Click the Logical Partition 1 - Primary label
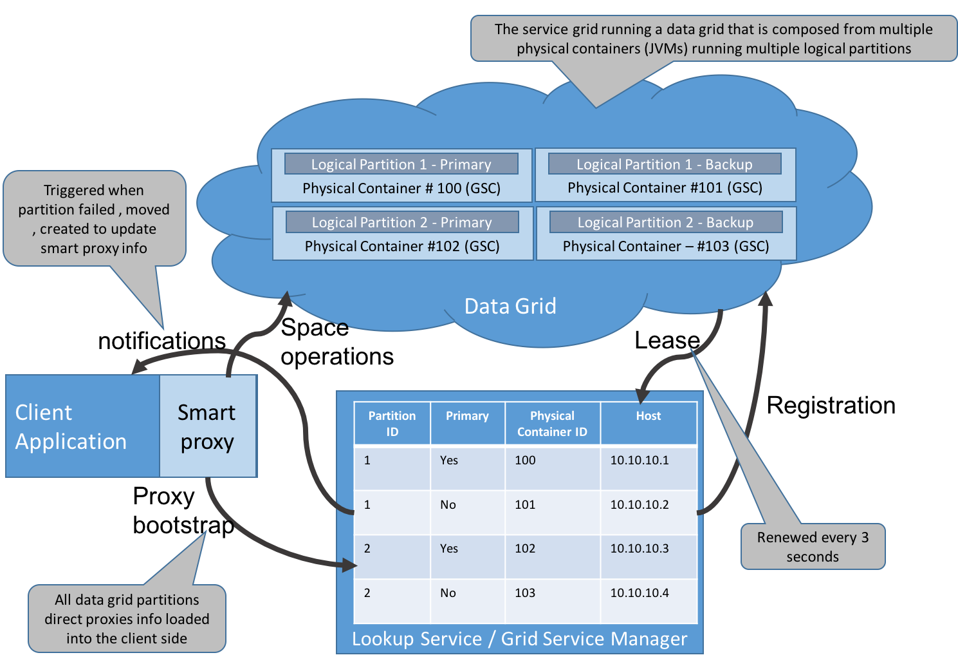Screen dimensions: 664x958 tap(401, 164)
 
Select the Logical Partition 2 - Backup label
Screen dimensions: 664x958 tap(665, 222)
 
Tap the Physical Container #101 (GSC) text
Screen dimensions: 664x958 tap(665, 188)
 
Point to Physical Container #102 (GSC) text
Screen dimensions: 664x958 tap(402, 246)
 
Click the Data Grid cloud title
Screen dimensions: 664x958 tap(510, 306)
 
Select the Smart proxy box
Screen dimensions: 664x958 tap(207, 426)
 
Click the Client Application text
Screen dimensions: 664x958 tap(71, 426)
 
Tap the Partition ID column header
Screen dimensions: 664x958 tap(392, 423)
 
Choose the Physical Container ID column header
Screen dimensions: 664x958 tap(552, 423)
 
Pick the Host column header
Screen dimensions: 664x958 tap(649, 416)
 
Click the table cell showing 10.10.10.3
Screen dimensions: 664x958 tap(640, 549)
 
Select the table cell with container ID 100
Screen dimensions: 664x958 tap(525, 460)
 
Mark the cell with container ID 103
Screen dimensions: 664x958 tap(525, 593)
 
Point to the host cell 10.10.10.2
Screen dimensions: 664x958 tap(640, 505)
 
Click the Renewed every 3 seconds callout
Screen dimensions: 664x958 tap(813, 547)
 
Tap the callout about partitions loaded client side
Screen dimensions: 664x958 tap(127, 619)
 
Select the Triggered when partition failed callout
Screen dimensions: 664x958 tap(94, 219)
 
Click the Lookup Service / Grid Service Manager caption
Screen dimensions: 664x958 tap(519, 639)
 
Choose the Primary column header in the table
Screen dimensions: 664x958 tap(467, 416)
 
